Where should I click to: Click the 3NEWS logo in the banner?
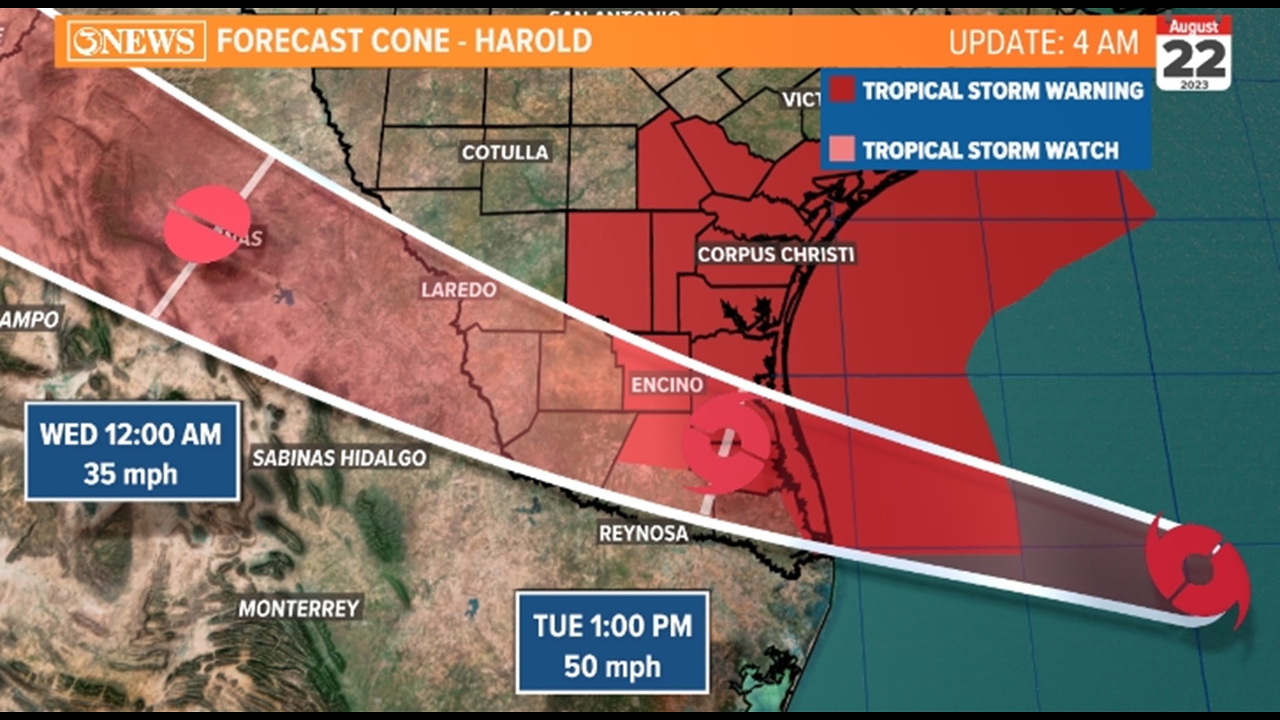click(136, 41)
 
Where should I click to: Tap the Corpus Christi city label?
click(775, 255)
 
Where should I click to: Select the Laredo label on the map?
click(459, 290)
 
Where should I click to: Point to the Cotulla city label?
click(505, 153)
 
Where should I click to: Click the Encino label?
click(667, 385)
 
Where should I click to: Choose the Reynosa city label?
click(643, 534)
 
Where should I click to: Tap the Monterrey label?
click(299, 609)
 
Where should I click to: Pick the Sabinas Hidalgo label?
click(339, 458)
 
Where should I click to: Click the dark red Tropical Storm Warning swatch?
click(842, 90)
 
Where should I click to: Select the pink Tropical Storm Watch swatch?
click(842, 149)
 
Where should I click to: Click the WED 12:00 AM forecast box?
click(132, 451)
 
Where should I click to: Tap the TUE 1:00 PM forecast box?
click(612, 643)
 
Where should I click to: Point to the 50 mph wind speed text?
click(612, 667)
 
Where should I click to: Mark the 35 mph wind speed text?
click(131, 475)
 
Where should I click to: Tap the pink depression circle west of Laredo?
click(207, 224)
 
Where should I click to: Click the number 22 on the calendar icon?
click(1194, 59)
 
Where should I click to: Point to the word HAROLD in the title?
click(533, 41)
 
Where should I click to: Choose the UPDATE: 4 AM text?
click(1043, 43)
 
